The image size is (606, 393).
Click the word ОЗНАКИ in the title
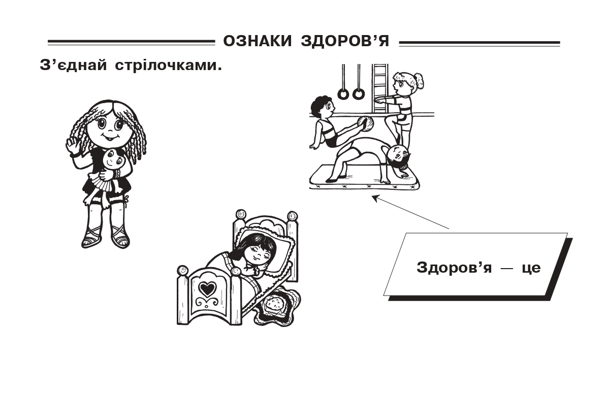257,41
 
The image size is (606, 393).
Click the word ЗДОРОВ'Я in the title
345,41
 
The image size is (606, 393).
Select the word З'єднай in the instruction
73,65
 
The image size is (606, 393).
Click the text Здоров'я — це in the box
479,268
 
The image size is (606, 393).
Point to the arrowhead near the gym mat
375,198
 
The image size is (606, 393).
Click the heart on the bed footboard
207,288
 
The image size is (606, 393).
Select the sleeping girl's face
257,252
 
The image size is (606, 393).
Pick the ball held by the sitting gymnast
366,124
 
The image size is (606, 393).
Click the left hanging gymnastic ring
343,94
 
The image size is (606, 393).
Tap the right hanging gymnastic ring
359,94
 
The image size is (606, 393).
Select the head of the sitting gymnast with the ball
323,108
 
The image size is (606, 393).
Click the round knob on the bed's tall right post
292,216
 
